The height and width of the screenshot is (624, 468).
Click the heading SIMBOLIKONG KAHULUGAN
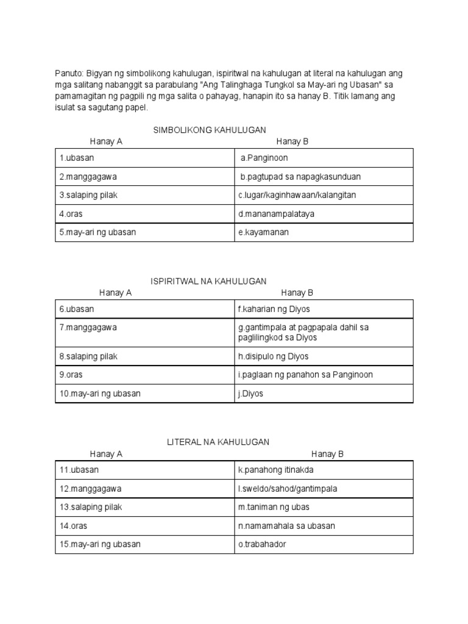pos(209,130)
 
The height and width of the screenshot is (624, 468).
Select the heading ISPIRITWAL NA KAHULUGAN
pos(208,281)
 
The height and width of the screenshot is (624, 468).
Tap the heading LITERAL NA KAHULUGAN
pos(218,442)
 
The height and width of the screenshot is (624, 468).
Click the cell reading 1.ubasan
pos(77,158)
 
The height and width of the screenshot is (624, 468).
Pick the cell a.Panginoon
pos(264,158)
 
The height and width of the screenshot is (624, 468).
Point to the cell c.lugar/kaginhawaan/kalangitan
pos(297,195)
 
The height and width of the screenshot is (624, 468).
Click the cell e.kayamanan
pos(263,232)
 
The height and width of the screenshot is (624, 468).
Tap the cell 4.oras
pos(73,214)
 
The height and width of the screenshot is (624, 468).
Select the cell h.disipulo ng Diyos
pos(273,356)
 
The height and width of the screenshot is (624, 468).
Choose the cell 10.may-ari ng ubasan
pos(100,394)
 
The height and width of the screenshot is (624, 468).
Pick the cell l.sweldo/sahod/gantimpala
pos(287,489)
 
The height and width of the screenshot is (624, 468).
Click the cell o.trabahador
pos(262,544)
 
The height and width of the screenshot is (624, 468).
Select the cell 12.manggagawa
pos(88,489)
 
